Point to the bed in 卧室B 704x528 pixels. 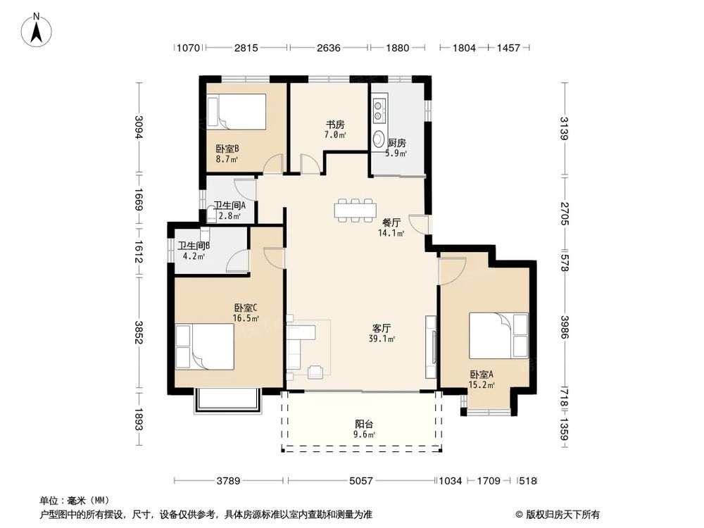tap(241, 111)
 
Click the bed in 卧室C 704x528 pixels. tap(205, 346)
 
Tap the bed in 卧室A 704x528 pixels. tap(498, 336)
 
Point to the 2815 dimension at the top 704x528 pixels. tap(246, 48)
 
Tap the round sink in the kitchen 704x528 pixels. tap(379, 138)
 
